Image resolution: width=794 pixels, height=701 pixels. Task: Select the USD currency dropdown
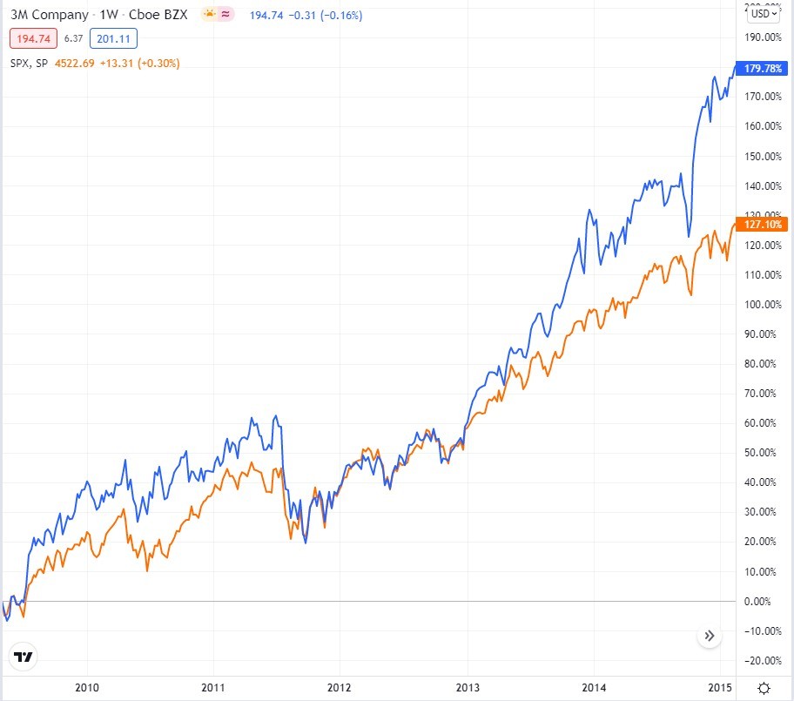point(764,13)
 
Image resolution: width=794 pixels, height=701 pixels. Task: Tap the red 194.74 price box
point(34,38)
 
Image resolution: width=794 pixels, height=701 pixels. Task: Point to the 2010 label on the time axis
point(87,687)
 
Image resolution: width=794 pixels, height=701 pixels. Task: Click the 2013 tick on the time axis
point(468,687)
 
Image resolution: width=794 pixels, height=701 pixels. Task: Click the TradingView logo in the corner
point(24,657)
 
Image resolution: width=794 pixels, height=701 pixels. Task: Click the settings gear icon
point(764,688)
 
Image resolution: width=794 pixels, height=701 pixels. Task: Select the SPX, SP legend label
point(29,63)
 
